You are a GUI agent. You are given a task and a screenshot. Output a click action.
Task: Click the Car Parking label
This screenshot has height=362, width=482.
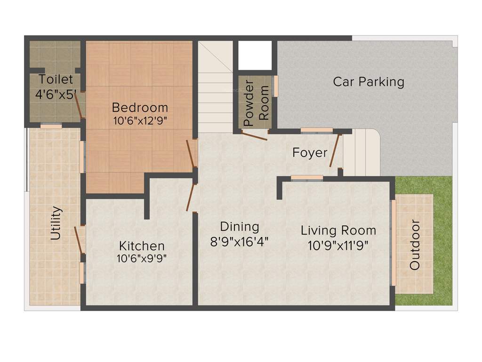(369, 82)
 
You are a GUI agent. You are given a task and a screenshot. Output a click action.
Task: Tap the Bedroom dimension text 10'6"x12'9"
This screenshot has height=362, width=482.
(140, 120)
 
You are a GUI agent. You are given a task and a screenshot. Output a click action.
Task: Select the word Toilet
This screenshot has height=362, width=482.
(56, 79)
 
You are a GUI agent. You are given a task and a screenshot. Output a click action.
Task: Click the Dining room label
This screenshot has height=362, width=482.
(240, 227)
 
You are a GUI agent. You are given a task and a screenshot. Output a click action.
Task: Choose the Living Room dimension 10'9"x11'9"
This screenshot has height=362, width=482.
(338, 245)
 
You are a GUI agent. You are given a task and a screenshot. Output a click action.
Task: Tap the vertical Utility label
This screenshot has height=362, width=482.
(56, 223)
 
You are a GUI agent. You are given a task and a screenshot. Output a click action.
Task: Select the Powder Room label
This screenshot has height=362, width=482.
(256, 102)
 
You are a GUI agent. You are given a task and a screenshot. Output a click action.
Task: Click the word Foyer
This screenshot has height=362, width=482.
(310, 153)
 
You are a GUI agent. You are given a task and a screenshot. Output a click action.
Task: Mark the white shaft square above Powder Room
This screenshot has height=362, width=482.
(255, 55)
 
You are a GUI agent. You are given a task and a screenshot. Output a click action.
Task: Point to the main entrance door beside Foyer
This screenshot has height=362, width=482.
(335, 150)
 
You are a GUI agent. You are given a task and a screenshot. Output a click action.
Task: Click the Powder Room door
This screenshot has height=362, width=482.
(255, 136)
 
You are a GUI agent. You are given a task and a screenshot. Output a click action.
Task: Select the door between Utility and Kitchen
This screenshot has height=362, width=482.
(79, 240)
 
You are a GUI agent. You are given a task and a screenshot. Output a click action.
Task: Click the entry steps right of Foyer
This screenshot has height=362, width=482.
(361, 152)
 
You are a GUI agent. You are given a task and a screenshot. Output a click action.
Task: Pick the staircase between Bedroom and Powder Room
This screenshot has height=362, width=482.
(215, 87)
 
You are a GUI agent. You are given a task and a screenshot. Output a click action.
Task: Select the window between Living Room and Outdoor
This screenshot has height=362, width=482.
(394, 243)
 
